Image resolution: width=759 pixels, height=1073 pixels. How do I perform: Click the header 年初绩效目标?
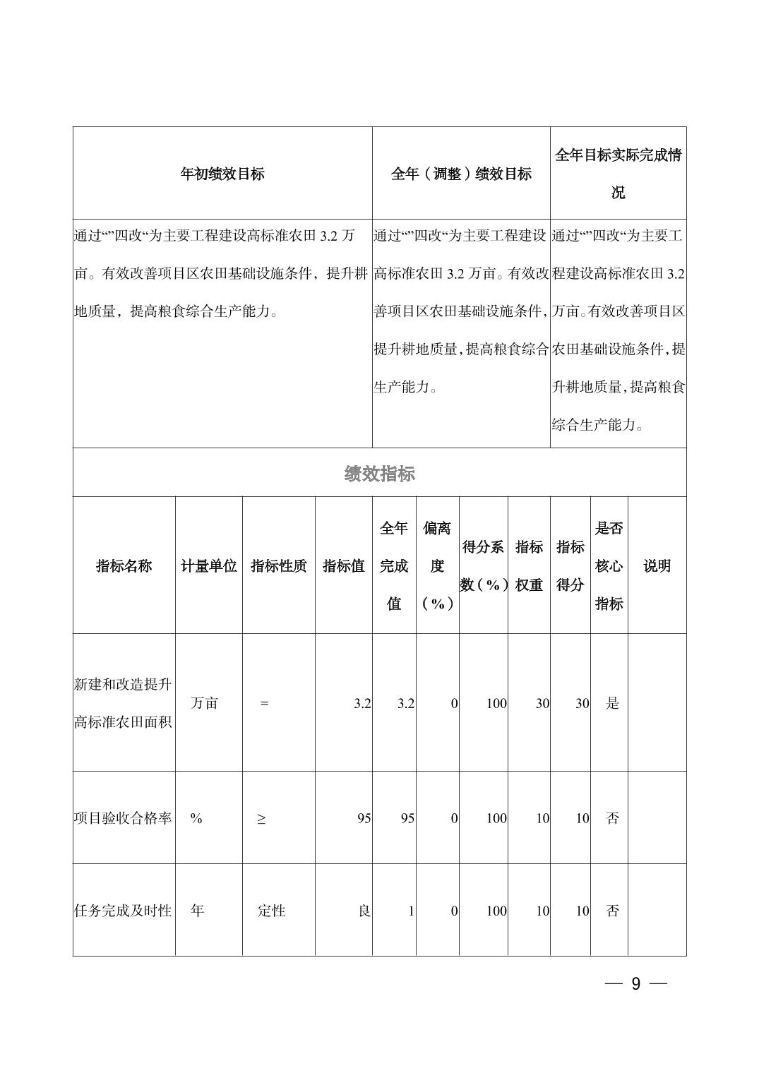[222, 174]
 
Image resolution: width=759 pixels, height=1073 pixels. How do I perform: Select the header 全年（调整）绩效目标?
[461, 174]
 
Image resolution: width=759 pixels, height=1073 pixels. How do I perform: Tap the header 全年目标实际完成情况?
[618, 174]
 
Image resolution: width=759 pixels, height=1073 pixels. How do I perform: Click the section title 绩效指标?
[379, 474]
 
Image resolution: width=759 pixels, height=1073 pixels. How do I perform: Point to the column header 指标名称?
[124, 566]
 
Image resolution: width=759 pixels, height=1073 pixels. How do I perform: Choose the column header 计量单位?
[209, 566]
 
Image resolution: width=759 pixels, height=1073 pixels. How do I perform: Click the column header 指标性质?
[279, 566]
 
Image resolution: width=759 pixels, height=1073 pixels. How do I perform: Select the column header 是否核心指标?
[609, 566]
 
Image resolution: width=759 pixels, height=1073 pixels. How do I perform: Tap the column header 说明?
[657, 566]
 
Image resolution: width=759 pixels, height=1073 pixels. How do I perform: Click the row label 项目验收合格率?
[124, 818]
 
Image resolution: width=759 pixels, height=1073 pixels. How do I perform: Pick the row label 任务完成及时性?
[124, 911]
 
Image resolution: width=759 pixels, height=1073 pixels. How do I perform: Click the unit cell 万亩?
[205, 703]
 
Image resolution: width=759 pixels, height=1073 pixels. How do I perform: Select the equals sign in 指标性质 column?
[264, 703]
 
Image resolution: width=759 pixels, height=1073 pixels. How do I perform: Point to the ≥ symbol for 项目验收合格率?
[261, 818]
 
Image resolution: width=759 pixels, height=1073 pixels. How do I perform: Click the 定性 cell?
[271, 911]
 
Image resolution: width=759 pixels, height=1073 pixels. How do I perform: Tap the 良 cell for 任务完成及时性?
[364, 911]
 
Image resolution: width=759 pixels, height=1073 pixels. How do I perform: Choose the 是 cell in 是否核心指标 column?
[612, 703]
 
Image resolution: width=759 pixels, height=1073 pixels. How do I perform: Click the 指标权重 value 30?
[542, 703]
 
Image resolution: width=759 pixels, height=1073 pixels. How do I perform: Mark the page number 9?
[635, 984]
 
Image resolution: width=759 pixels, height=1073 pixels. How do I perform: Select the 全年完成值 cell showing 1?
[411, 911]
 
